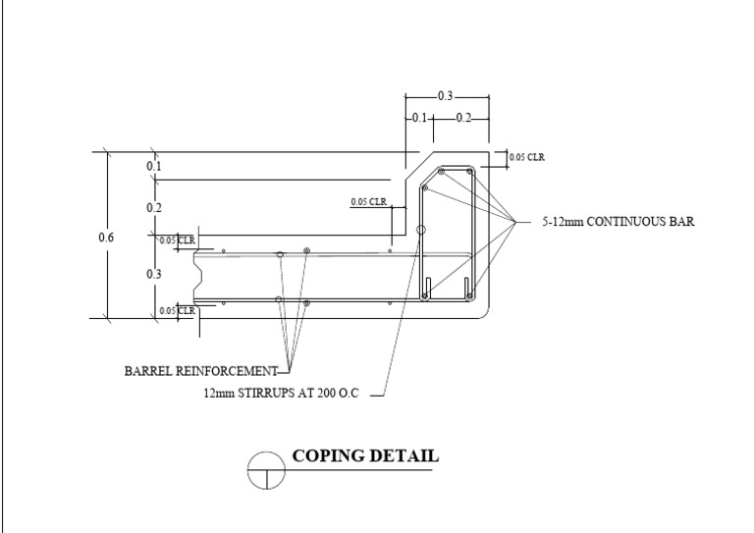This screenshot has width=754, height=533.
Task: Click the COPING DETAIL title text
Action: pos(365,456)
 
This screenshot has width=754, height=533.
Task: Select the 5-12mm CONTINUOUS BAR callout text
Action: pos(619,223)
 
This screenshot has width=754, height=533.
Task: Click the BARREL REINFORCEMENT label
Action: pos(199,371)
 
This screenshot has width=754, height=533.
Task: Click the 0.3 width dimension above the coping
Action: pos(446,96)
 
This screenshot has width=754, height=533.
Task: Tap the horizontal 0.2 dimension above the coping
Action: pos(462,118)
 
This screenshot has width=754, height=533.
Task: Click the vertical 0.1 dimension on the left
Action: pos(154,167)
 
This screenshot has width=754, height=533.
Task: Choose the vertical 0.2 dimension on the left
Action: pos(154,208)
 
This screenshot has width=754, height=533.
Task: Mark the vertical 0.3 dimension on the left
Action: pos(154,274)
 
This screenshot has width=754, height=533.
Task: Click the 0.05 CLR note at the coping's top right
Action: pos(527,157)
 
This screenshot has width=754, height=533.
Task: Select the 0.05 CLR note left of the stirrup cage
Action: pos(369,203)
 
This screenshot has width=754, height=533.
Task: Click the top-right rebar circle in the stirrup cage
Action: pos(470,172)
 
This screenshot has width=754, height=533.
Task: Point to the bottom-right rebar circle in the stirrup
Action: pos(469,295)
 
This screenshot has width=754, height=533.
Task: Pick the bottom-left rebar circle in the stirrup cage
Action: pos(425,295)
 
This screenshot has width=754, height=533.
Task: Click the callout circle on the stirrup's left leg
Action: pos(421,230)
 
